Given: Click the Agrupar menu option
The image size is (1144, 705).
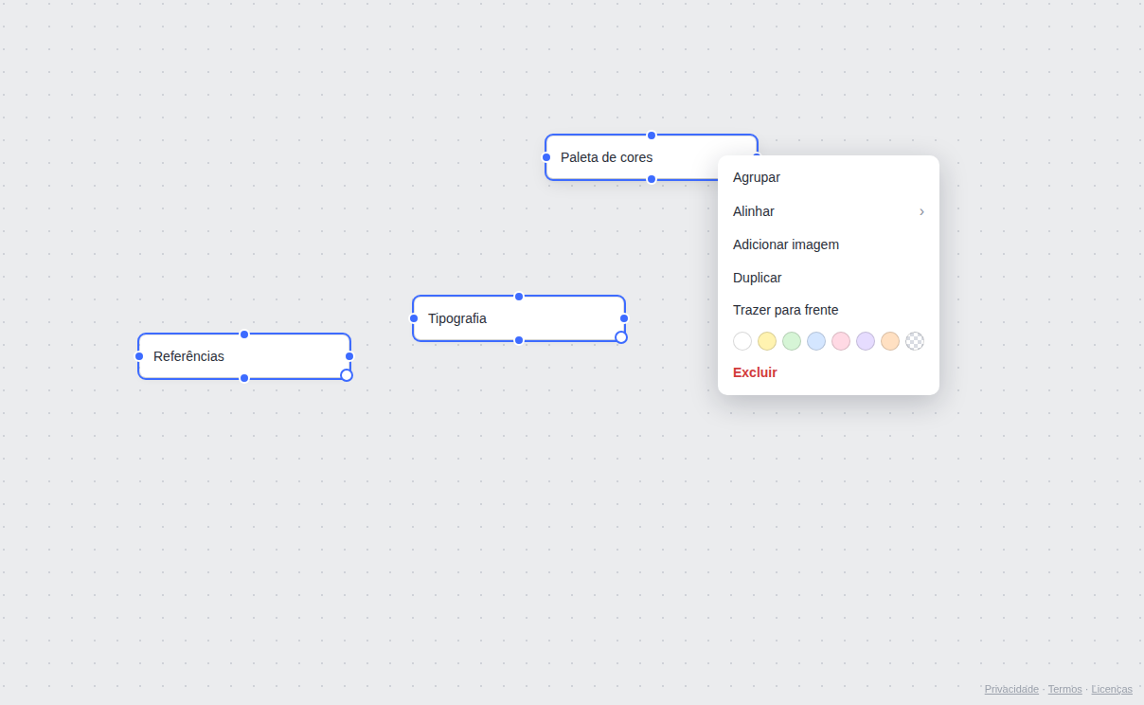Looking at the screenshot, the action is (756, 177).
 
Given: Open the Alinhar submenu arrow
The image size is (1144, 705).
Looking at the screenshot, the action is (921, 211).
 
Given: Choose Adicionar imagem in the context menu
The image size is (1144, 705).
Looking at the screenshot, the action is (785, 244).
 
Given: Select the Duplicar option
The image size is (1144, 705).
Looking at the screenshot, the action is (757, 278).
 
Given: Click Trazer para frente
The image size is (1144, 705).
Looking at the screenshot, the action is (785, 310).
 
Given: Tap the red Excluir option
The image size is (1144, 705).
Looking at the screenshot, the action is (755, 372).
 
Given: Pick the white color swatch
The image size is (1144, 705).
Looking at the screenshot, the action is (742, 341).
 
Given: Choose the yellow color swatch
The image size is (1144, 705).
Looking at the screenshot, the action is (766, 341).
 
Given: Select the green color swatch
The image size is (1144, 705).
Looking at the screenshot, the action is (791, 341).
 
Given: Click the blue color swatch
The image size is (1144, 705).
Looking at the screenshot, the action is (816, 341).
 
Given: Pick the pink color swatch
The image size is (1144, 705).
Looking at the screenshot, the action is (841, 341).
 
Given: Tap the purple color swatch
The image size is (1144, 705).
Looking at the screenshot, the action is (866, 341).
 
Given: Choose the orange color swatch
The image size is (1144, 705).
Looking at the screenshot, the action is (889, 341).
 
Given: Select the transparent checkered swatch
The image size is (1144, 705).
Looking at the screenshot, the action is (915, 341).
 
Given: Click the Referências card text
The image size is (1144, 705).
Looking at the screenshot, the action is (188, 356).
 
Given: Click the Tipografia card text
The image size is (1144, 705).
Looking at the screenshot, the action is (457, 318).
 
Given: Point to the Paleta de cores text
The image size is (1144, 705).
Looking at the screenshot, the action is (606, 157).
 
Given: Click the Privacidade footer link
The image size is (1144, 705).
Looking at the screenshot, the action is (1011, 689).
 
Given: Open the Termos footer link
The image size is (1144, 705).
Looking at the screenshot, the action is (1064, 689).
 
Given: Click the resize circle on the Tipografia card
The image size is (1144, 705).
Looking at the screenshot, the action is (621, 337).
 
